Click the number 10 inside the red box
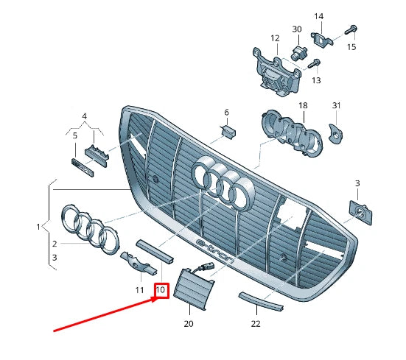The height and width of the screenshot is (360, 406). coord(161,290)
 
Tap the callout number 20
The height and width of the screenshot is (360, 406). coord(188,323)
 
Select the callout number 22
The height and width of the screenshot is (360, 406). coord(256,323)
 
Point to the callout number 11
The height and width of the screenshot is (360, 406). coord(139,290)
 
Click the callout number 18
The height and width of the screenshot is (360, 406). coord(303,106)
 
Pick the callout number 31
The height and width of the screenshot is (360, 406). coord(337,106)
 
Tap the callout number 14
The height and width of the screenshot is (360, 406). coord(319,16)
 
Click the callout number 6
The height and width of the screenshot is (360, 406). coord(226,113)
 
